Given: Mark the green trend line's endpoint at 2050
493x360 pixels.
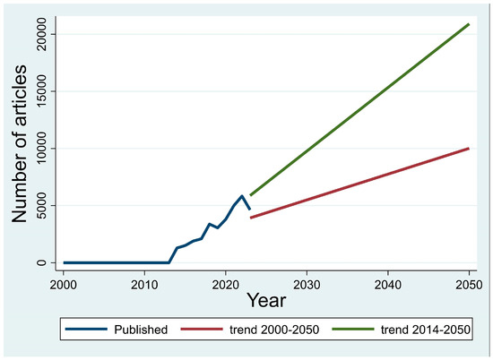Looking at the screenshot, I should pyautogui.click(x=468, y=24).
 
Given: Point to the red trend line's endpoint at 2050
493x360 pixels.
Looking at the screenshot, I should pyautogui.click(x=468, y=149).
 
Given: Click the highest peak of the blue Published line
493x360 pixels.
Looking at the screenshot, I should pyautogui.click(x=241, y=196).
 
